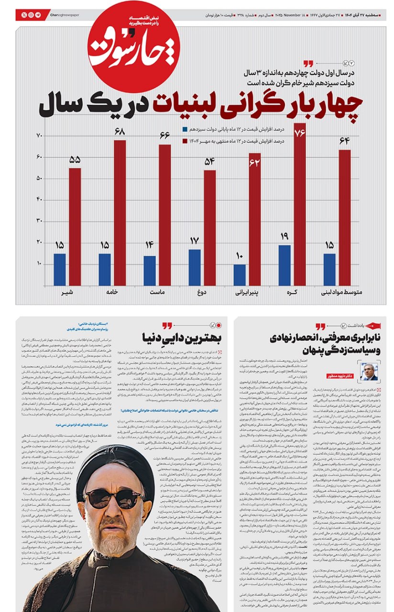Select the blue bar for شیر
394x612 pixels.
[60, 269]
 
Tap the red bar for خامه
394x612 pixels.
[120, 213]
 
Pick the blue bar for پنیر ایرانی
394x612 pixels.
[240, 275]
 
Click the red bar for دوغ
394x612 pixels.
[210, 228]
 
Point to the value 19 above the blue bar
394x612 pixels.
[284, 236]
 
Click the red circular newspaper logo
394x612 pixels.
[133, 47]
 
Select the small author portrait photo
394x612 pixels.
[369, 371]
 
